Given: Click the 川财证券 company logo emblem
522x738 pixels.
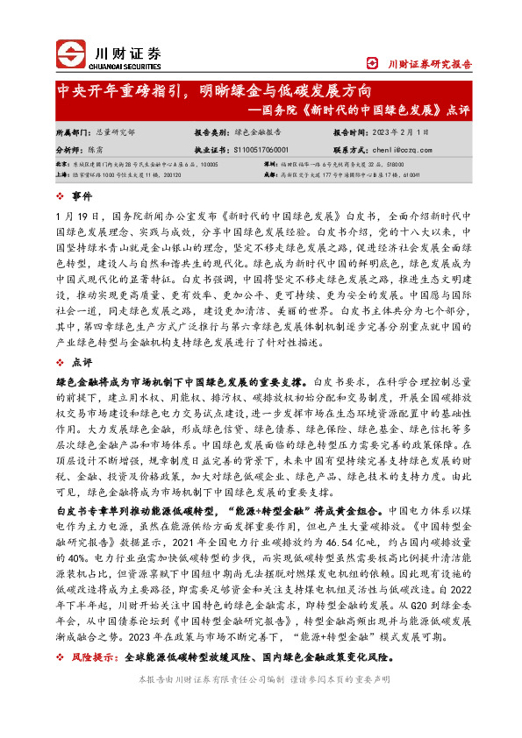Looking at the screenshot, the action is click(72, 54).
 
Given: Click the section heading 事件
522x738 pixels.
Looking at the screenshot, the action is click(82, 195).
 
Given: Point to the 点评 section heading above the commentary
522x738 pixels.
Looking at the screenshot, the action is click(82, 362).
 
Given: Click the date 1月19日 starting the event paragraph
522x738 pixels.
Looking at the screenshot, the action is click(94, 216).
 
